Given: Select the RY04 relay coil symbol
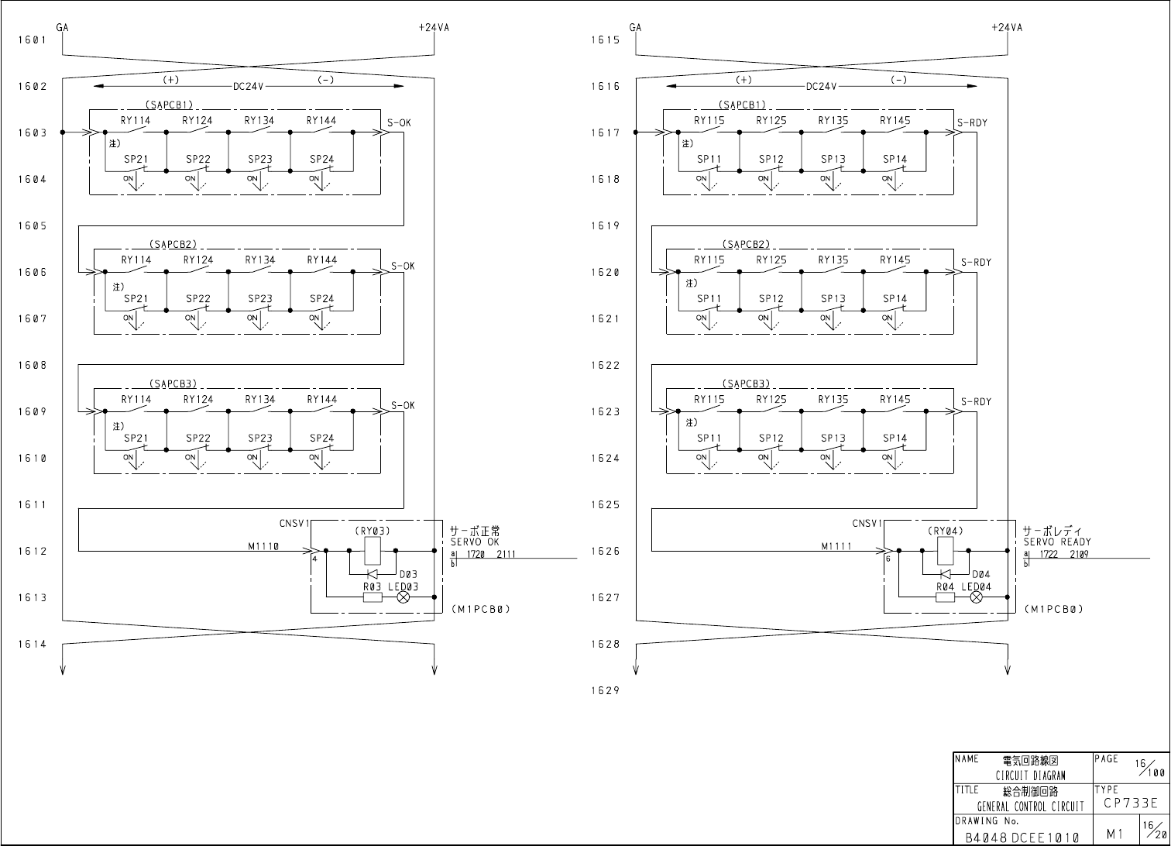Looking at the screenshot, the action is click(945, 551).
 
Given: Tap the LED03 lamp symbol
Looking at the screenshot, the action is click(403, 597).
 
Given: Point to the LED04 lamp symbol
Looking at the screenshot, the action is click(976, 597).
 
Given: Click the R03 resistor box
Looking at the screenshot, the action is click(372, 597).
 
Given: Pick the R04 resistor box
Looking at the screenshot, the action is click(945, 597).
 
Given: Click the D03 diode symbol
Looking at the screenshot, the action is click(373, 574).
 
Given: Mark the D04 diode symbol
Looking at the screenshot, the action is click(946, 574).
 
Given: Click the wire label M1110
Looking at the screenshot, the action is click(263, 546).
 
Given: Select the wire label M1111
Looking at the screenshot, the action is click(836, 546).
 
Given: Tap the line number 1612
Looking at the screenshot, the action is click(33, 552).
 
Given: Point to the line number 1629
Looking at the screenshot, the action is click(606, 691).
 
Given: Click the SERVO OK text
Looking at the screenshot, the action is click(475, 542).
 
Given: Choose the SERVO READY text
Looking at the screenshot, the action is click(1056, 542).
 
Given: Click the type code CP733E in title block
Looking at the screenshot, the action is click(1130, 803).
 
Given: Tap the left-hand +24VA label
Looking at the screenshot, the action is click(434, 27).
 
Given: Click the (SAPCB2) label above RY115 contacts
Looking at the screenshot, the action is click(747, 245).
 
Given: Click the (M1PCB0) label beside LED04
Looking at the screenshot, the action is click(1053, 610).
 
